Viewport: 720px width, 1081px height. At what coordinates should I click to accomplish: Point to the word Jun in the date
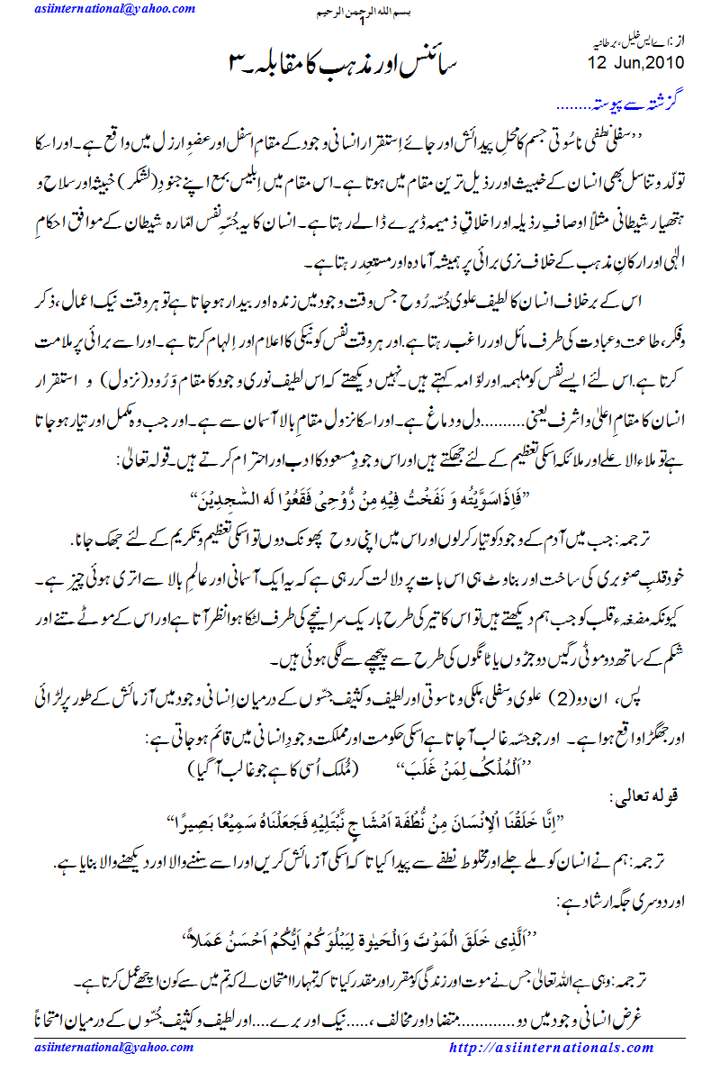click(x=623, y=63)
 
